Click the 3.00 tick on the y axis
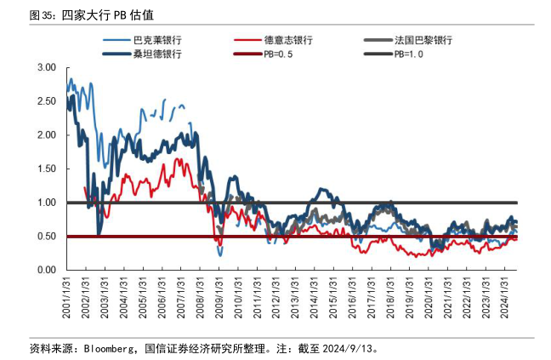(47, 67)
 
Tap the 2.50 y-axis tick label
(47, 101)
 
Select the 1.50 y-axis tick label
(47, 169)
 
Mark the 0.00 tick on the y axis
(47, 270)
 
